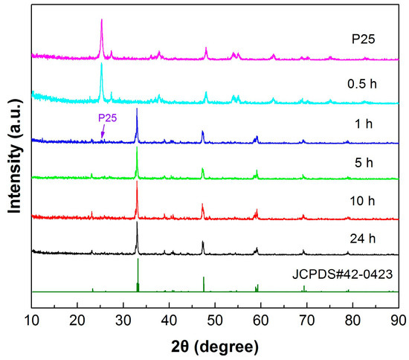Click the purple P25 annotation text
[109, 118]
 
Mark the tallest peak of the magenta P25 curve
[101, 21]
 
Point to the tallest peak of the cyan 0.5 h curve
[101, 65]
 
